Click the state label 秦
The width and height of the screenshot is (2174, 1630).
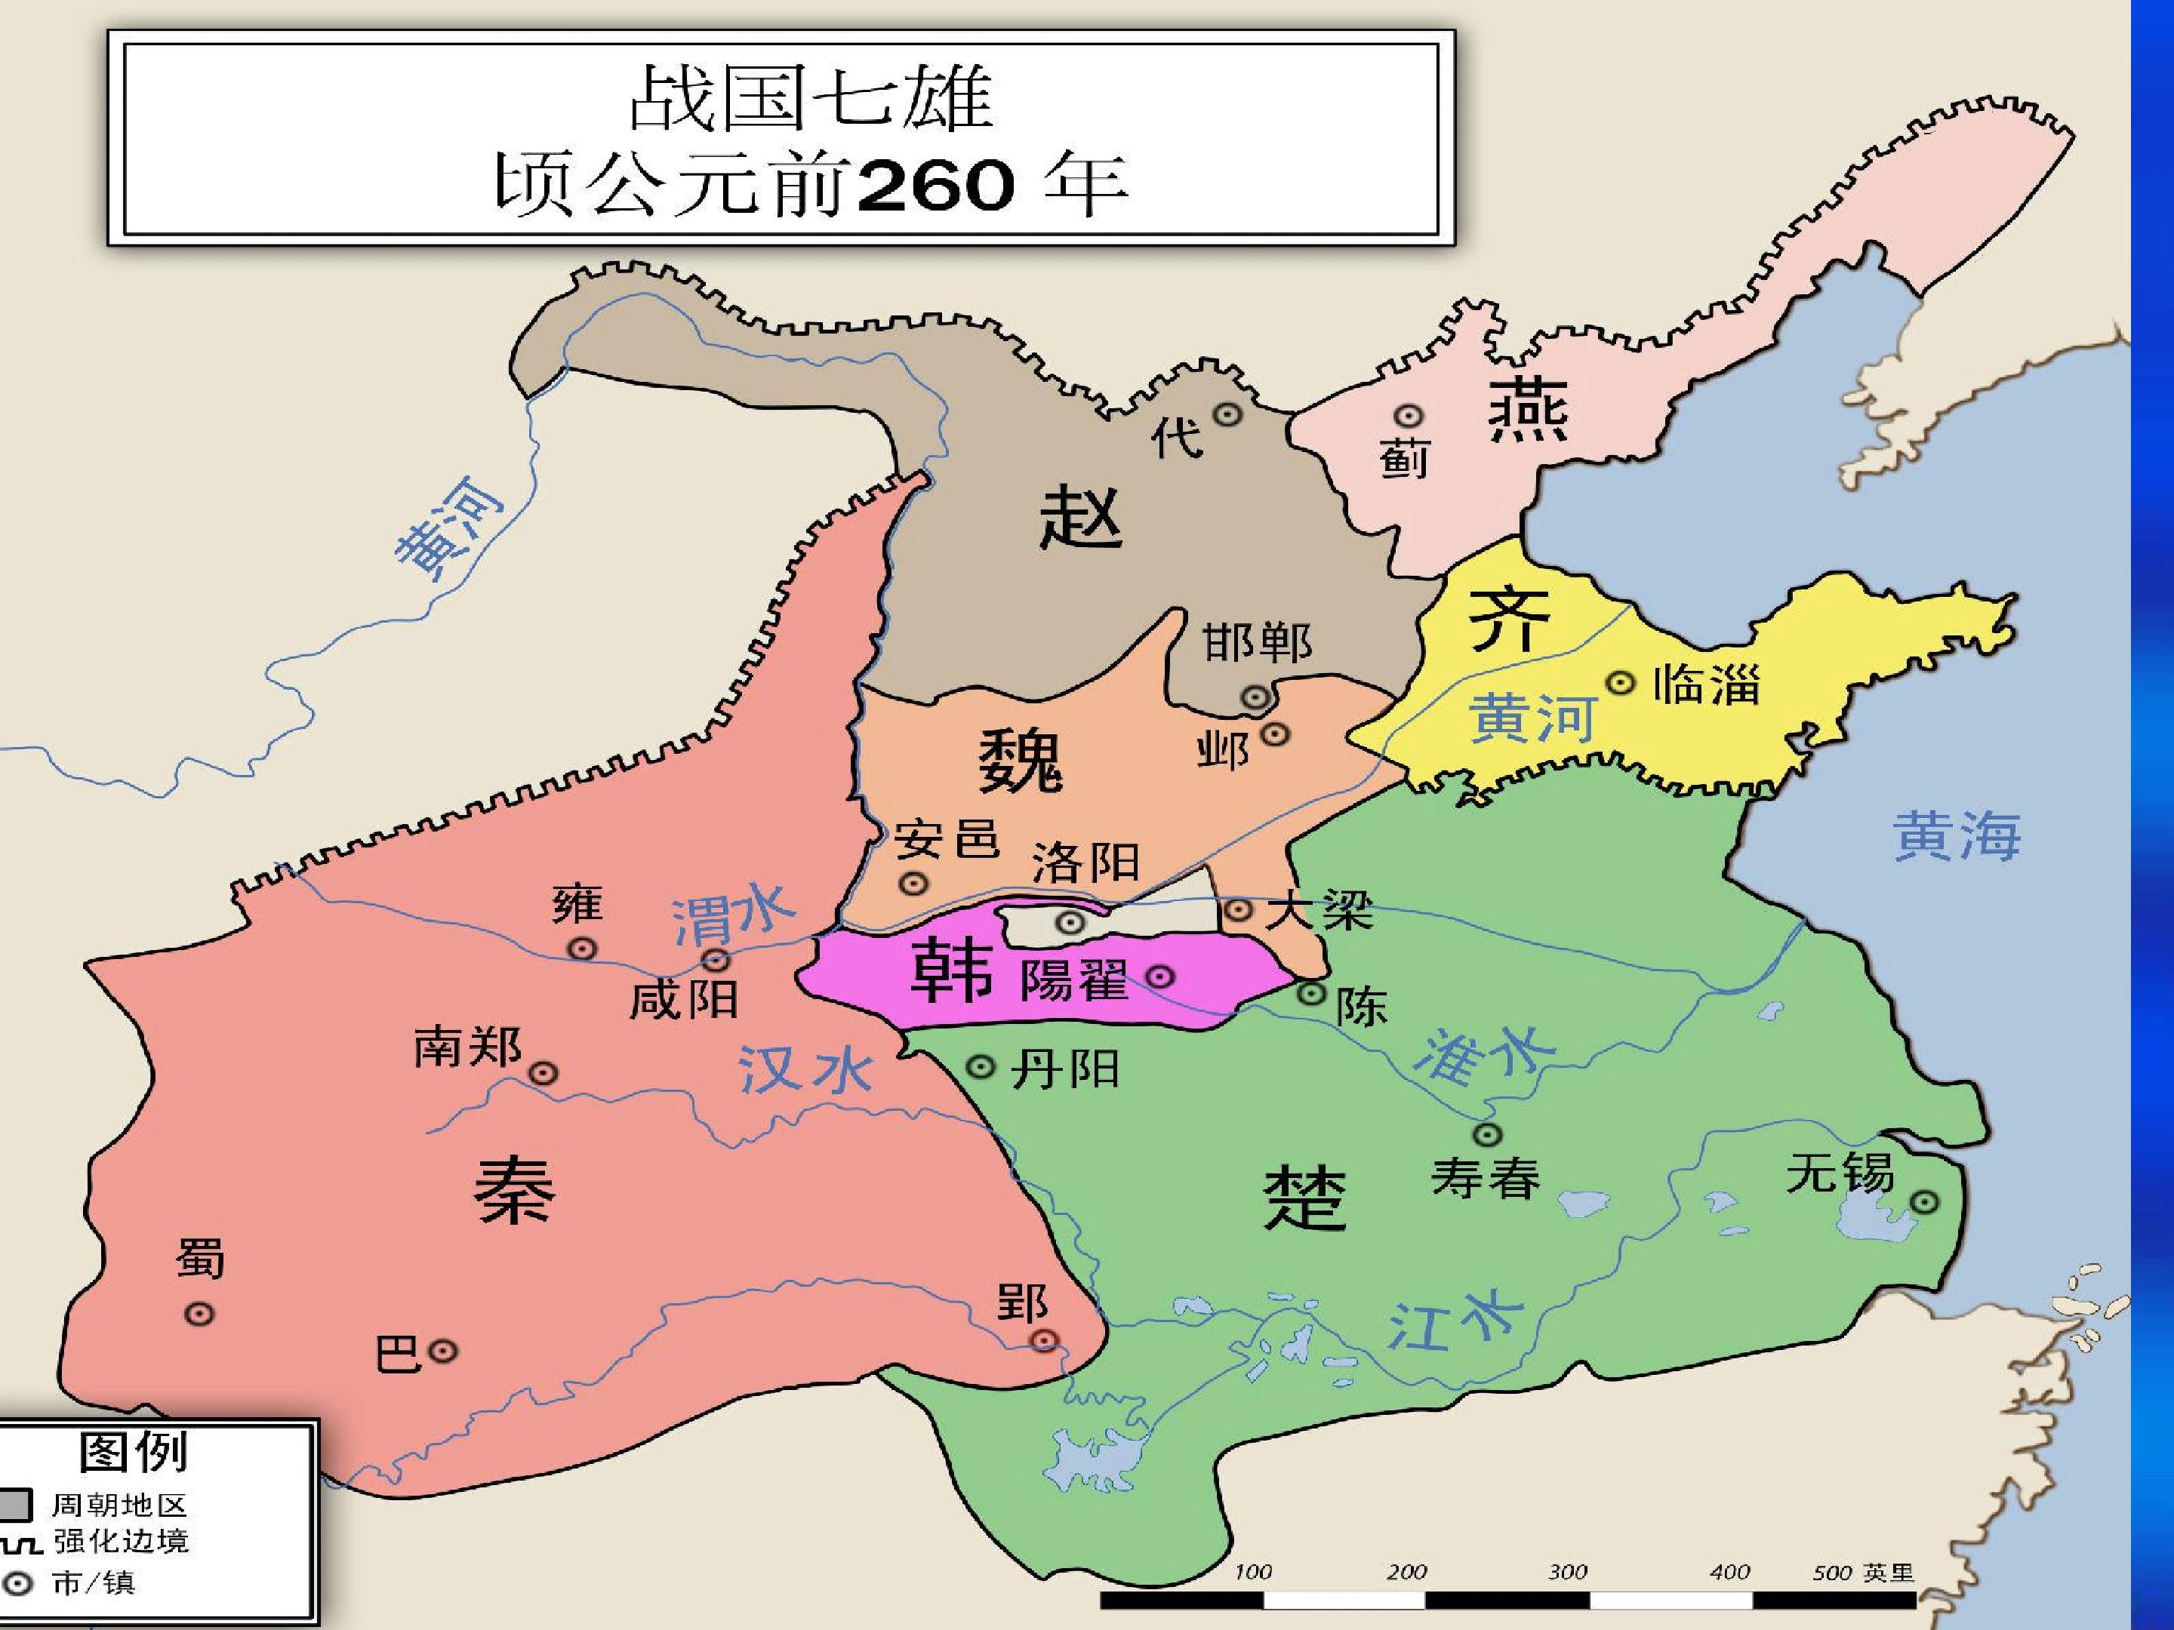(515, 1189)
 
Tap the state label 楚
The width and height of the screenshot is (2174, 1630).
(1304, 1198)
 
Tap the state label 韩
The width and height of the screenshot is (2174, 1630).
(951, 969)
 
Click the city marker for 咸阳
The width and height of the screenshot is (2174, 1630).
(716, 959)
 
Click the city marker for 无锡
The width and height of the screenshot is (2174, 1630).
(1924, 1201)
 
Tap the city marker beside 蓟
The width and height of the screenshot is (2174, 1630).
(1410, 417)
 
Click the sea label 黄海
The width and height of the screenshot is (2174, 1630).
(1957, 836)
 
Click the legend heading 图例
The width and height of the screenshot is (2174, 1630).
(134, 1451)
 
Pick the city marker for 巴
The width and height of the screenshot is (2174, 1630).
(444, 1352)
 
